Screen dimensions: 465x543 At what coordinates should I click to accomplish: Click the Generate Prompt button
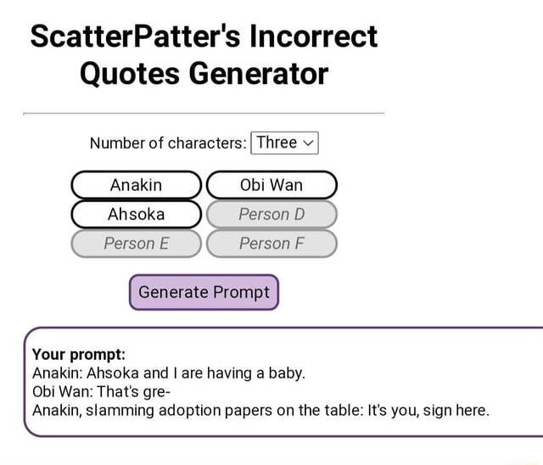204,292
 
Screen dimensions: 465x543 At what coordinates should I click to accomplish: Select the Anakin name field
136,185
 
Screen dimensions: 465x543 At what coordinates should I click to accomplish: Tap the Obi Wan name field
271,185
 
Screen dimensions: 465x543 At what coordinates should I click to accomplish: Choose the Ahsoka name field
136,214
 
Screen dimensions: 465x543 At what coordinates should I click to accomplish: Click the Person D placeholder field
271,214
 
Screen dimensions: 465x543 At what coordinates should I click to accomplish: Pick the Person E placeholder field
136,244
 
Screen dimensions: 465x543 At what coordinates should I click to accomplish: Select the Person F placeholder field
271,244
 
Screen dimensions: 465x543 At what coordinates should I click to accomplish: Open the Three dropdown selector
284,143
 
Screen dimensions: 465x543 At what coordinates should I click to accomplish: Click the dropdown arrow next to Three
308,143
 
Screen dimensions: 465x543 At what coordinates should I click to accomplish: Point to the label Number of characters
168,143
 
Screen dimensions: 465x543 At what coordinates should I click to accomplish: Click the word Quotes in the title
128,74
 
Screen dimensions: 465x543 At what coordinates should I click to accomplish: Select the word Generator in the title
258,74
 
